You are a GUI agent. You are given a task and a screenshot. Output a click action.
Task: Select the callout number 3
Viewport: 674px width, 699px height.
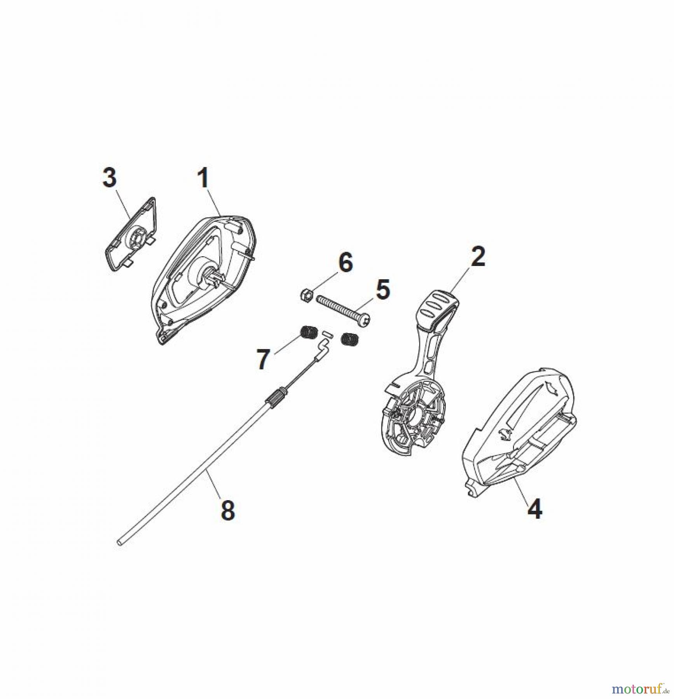click(x=109, y=177)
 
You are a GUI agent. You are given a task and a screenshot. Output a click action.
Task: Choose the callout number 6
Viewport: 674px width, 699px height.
click(x=346, y=263)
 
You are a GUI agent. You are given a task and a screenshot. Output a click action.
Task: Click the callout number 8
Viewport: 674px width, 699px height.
click(x=228, y=510)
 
